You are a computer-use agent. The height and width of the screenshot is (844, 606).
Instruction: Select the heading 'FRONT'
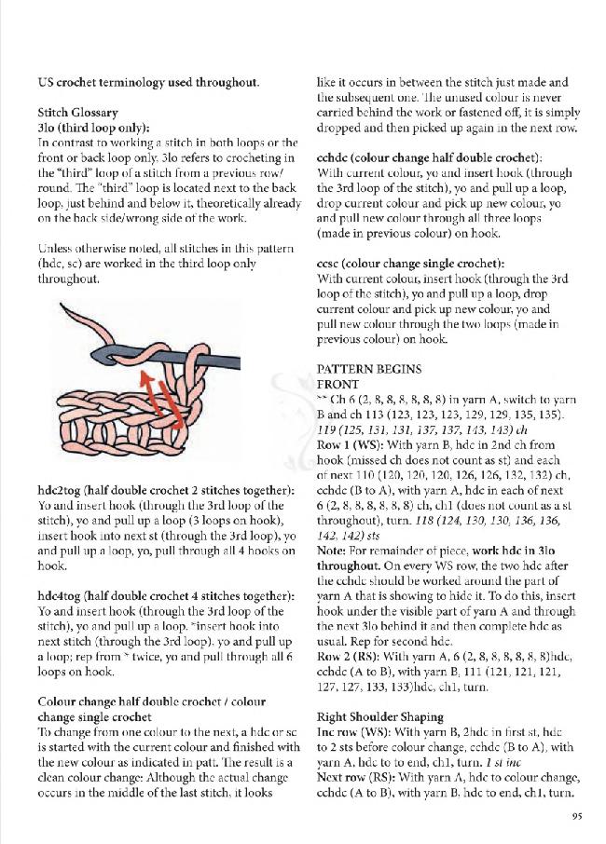click(x=338, y=384)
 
